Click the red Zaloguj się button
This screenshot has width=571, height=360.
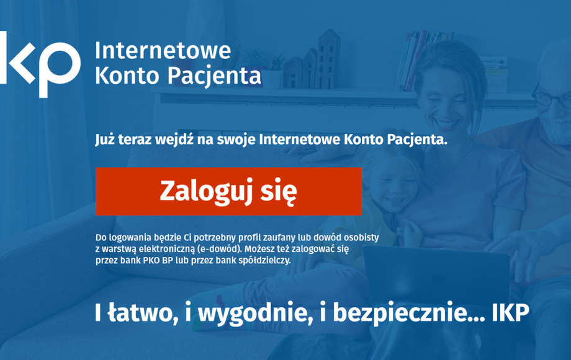point(228,191)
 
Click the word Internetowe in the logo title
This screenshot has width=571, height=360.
point(163,51)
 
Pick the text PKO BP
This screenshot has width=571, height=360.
point(158,260)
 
